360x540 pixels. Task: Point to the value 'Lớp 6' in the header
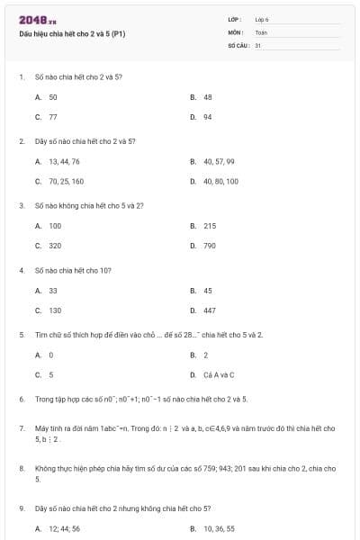(261, 19)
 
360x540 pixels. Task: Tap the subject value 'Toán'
(261, 31)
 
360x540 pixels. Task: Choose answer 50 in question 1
(53, 96)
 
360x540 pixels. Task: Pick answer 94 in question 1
(208, 117)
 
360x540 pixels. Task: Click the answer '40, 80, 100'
(220, 182)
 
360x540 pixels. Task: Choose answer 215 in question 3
(210, 226)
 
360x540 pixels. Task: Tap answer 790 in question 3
(210, 246)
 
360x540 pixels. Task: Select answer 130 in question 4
(55, 310)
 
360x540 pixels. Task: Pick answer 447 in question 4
(210, 310)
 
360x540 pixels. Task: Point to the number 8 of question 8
(21, 469)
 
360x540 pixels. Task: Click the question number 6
(21, 398)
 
